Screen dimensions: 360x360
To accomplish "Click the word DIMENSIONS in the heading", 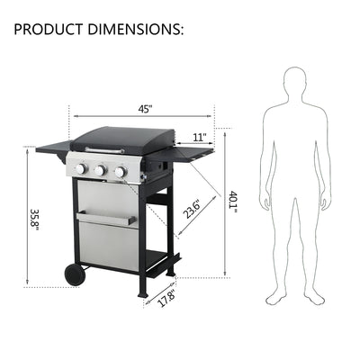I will click(x=136, y=29).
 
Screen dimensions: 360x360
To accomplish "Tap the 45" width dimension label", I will click(x=145, y=109).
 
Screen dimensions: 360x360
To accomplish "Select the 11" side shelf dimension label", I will click(x=199, y=137).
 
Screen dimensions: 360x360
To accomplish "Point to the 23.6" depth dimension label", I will click(x=189, y=208).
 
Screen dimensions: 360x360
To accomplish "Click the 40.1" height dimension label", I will click(x=232, y=202).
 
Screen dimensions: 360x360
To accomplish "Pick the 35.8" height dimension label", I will click(x=35, y=220).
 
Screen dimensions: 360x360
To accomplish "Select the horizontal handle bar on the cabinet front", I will click(x=106, y=217).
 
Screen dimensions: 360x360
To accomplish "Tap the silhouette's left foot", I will click(x=311, y=297).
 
